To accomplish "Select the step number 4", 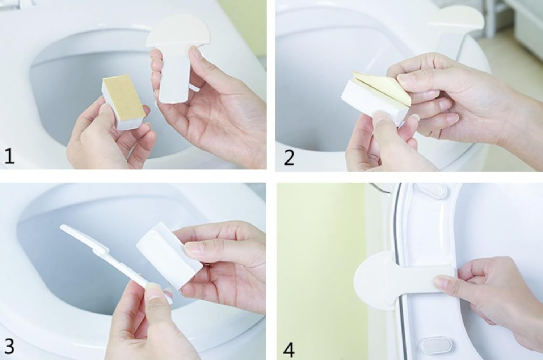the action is click(289, 349).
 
